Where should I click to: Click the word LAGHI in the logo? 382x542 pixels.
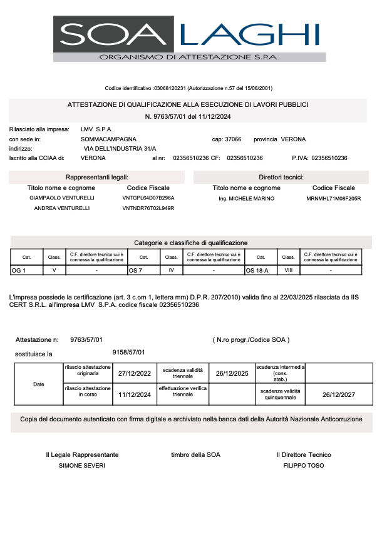pos(250,34)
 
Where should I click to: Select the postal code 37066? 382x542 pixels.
pos(233,139)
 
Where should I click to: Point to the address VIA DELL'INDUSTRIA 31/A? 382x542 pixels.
pos(120,149)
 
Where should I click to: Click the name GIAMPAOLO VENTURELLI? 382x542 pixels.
pos(61,198)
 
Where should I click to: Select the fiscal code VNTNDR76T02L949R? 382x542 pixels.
pos(148,208)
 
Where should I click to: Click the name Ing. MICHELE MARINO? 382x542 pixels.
pos(246,198)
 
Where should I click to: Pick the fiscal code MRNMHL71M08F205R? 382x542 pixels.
pos(333,198)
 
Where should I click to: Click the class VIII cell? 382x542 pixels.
pos(289,270)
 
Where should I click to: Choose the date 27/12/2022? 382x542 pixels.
pos(135,373)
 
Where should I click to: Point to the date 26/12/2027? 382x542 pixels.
pos(338,394)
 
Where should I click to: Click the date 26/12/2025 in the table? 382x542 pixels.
pos(232,373)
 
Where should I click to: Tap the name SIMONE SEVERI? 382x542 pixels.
pos(82,466)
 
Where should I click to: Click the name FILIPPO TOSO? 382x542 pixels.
pos(304,466)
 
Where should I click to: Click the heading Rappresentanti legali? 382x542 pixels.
pos(97,178)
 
